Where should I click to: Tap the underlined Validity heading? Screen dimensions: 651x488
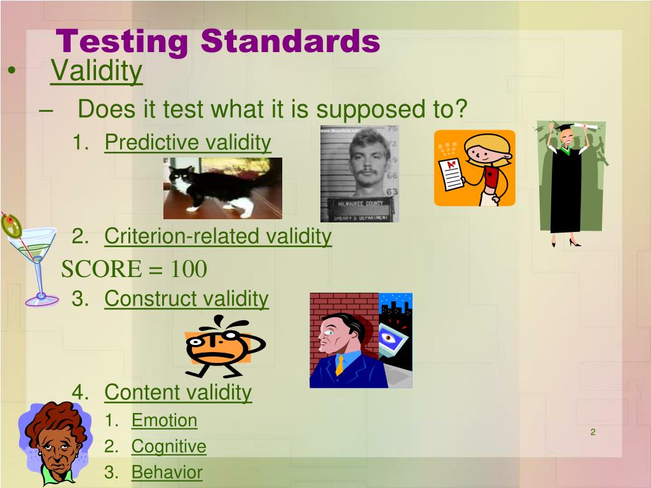point(97,71)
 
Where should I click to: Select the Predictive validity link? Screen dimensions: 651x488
point(188,143)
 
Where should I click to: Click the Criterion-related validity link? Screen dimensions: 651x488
point(218,236)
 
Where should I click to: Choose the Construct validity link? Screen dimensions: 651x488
point(186,299)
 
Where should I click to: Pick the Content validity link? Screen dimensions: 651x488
point(178,393)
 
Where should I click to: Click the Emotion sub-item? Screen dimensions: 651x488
point(165,421)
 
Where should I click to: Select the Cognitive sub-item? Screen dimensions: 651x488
point(168,447)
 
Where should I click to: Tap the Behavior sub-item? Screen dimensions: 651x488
point(167,472)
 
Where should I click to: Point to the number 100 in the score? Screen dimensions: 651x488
point(189,269)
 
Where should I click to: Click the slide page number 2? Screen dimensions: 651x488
point(593,432)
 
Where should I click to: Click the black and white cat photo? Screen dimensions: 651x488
point(223,188)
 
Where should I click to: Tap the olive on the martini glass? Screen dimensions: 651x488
point(11,225)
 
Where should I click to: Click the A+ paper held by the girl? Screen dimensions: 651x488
point(452,174)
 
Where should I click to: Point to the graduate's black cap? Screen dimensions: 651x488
point(565,127)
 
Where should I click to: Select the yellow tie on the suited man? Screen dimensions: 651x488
point(339,365)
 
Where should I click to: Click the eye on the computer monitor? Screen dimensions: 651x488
point(388,337)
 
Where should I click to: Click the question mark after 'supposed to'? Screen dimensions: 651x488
point(460,109)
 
